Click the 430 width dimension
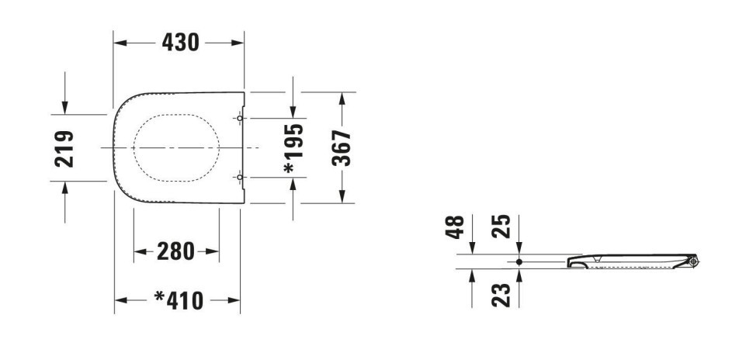[x=181, y=43]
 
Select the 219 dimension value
[x=64, y=149]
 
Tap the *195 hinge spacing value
[x=294, y=148]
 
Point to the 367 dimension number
[x=342, y=148]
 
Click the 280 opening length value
[x=175, y=251]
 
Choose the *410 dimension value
[x=179, y=300]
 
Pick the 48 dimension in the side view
[x=455, y=227]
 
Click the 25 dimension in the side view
[x=501, y=227]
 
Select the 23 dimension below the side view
[x=501, y=295]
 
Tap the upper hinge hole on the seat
[x=240, y=119]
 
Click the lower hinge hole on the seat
[x=240, y=177]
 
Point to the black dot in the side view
[x=519, y=261]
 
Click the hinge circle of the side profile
[x=693, y=261]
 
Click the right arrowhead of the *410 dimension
[x=234, y=300]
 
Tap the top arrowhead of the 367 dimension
[x=342, y=99]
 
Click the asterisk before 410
[x=160, y=296]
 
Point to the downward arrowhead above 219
[x=64, y=108]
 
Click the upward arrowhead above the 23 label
[x=519, y=275]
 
